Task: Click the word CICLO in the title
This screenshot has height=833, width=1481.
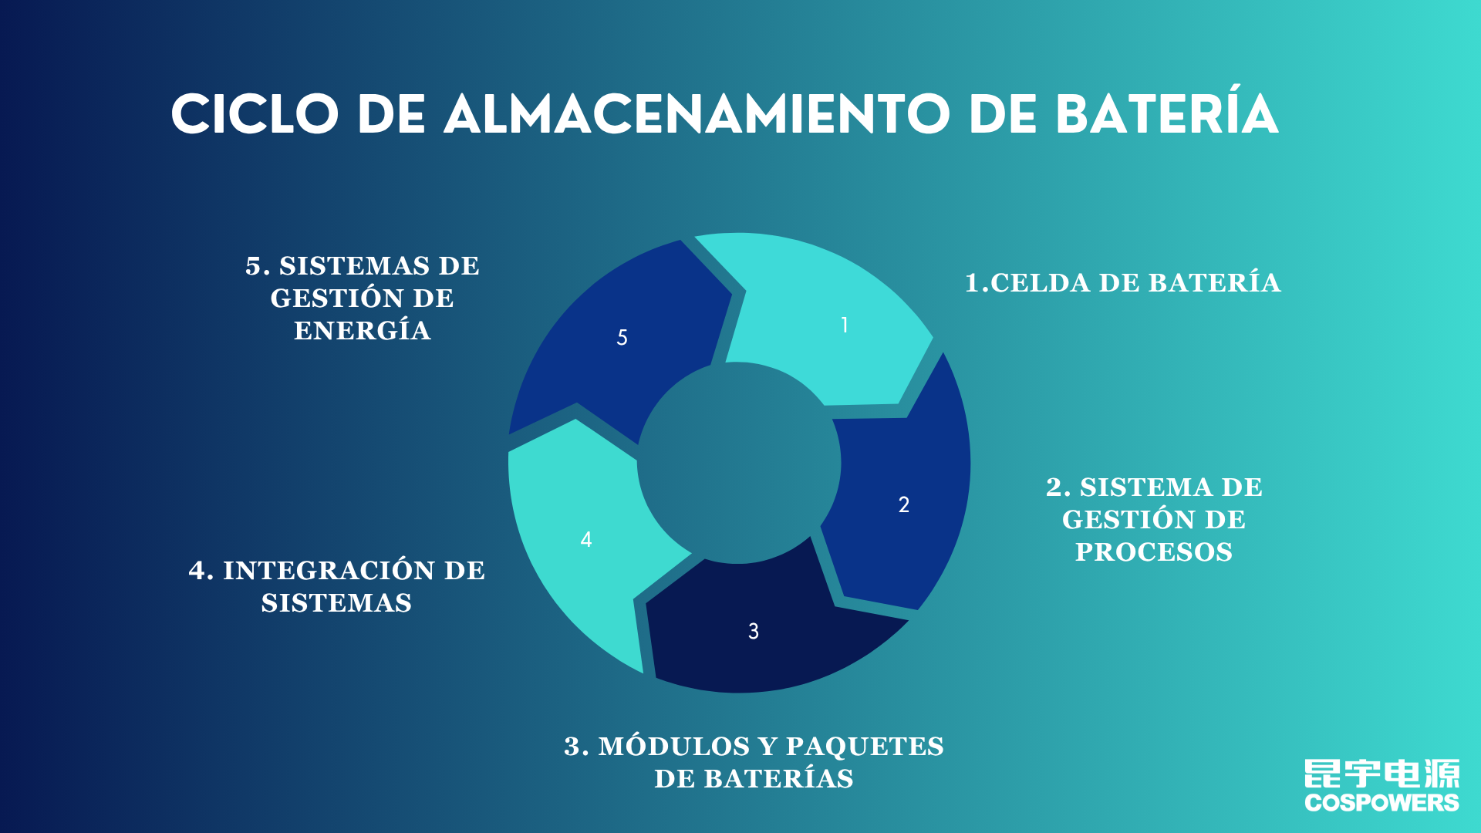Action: [x=255, y=115]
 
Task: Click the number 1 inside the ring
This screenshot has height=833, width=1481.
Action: [x=845, y=325]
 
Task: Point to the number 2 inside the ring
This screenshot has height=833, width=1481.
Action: [x=904, y=504]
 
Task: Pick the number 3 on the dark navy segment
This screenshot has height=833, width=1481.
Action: [x=754, y=631]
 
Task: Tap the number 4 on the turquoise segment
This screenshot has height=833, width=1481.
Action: [x=586, y=539]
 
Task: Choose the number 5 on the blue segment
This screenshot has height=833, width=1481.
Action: [x=622, y=337]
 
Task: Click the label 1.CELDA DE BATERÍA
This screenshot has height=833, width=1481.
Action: [x=1123, y=282]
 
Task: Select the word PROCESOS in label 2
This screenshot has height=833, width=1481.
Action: [x=1154, y=552]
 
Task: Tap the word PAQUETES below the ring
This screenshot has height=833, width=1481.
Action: [x=865, y=747]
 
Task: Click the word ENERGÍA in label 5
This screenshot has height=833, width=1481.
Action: [x=363, y=329]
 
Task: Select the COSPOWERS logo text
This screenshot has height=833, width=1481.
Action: [x=1381, y=803]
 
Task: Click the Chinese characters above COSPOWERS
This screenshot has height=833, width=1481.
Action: [x=1381, y=774]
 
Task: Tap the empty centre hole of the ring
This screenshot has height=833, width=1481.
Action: [x=739, y=463]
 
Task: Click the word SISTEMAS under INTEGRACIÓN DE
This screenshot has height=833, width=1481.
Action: [x=336, y=603]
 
